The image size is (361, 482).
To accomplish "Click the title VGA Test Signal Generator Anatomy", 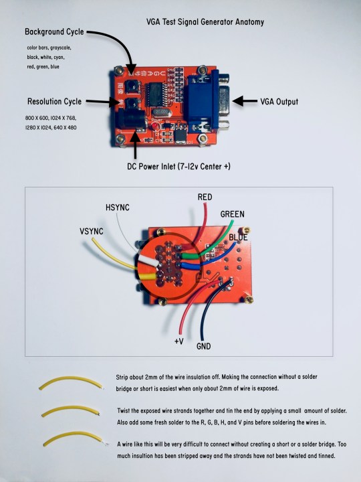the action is coord(205,22).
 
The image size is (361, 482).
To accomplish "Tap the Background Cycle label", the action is coord(54,31).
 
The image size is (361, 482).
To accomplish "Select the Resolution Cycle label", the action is coord(54,102).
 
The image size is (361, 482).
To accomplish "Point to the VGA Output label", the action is coord(279,102).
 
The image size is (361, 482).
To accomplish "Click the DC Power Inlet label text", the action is coord(178,166).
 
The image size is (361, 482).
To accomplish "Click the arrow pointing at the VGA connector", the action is coord(245,101).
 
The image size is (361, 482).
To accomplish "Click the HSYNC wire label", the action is coord(118,208).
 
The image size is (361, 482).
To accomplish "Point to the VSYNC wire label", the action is coord(92,231).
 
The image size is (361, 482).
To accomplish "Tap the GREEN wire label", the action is coord(233,214).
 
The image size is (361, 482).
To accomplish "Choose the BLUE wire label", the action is coord(238,237).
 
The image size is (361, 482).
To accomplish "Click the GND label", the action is coord(203,347).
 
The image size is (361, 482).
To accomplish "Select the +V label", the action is coord(179,341).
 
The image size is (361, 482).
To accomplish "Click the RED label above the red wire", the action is coord(205,197).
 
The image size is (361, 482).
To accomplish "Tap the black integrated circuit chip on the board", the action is coord(156,94).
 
